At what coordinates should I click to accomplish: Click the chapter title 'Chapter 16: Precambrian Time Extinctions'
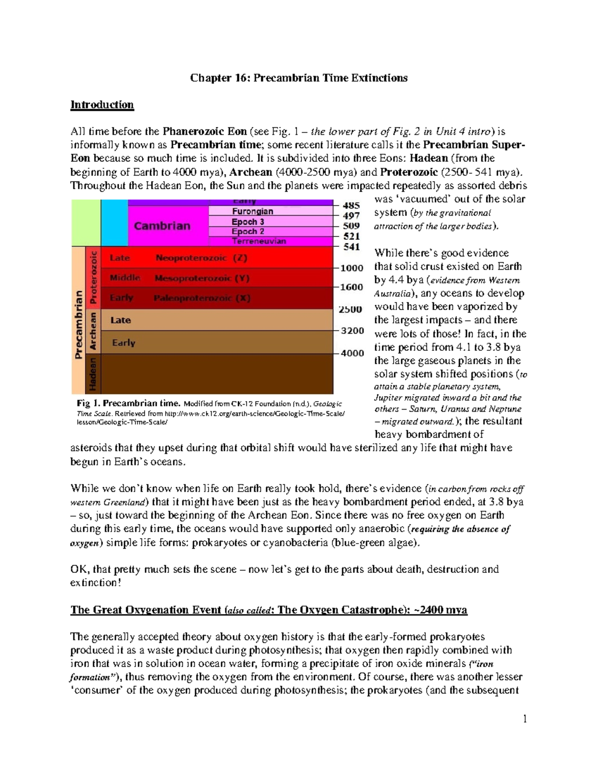click(x=299, y=78)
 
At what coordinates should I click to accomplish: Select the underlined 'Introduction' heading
click(x=102, y=105)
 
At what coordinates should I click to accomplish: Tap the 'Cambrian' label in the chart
click(x=162, y=226)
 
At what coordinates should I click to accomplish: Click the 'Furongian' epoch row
click(x=252, y=212)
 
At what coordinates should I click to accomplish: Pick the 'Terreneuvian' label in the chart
click(x=259, y=241)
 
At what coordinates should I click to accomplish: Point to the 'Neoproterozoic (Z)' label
click(x=201, y=258)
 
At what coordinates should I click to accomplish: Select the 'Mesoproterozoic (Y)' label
click(x=202, y=278)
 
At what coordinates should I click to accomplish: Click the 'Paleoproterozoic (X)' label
click(x=202, y=298)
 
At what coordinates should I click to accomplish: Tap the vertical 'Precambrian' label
click(x=79, y=325)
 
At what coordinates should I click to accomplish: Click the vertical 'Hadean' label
click(x=93, y=374)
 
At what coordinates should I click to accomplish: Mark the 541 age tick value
click(x=351, y=247)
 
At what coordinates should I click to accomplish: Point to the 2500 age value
click(x=350, y=309)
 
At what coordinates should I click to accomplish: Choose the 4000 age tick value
click(x=352, y=353)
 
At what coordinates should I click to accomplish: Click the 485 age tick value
click(x=351, y=205)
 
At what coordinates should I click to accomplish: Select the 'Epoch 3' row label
click(x=248, y=221)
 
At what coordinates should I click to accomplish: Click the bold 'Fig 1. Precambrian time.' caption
click(x=129, y=403)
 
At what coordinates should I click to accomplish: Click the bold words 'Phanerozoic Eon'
click(x=204, y=131)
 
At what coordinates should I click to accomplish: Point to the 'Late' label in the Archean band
click(x=121, y=320)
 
